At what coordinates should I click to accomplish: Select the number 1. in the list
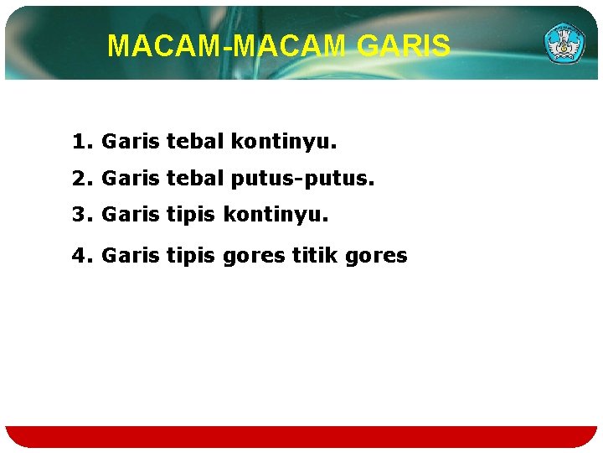pos(82,142)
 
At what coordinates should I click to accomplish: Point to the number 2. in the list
pos(82,179)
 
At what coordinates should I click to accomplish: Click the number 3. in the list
pos(82,215)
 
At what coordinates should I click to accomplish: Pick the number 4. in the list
pos(82,255)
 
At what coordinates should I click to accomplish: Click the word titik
pos(312,255)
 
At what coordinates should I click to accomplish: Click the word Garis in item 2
pos(130,179)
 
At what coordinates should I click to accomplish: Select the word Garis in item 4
pos(130,255)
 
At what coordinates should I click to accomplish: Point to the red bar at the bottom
pos(301,436)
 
